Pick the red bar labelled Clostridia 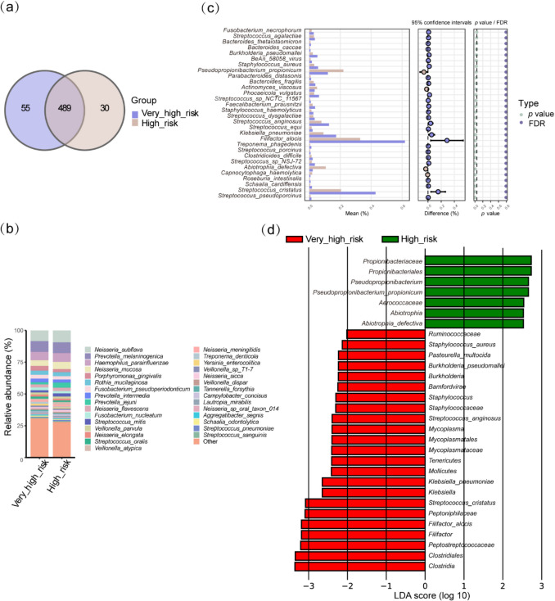[359, 567]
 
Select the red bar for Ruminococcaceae [386, 334]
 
